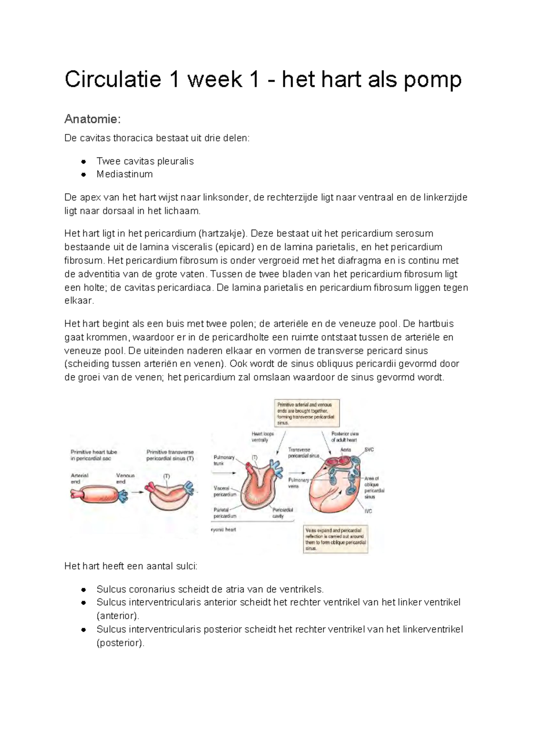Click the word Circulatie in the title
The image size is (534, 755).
pos(113,80)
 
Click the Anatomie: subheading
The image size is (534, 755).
pos(93,119)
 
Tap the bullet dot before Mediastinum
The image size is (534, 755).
pos(83,174)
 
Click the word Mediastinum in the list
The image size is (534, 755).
pos(125,174)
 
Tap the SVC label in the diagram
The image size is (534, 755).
pos(369,449)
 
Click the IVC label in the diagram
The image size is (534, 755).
pos(368,511)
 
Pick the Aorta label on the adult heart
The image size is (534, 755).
pos(346,449)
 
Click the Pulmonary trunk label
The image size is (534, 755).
pos(224,460)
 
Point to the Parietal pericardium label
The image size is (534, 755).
pos(224,513)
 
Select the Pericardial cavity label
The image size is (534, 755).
pos(282,513)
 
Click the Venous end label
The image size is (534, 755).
pos(125,478)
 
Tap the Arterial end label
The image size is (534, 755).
pos(79,478)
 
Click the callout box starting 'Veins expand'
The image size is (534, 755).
pos(336,539)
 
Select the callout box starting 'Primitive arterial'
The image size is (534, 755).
pos(306,412)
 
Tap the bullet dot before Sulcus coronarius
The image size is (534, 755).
pos(83,589)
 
